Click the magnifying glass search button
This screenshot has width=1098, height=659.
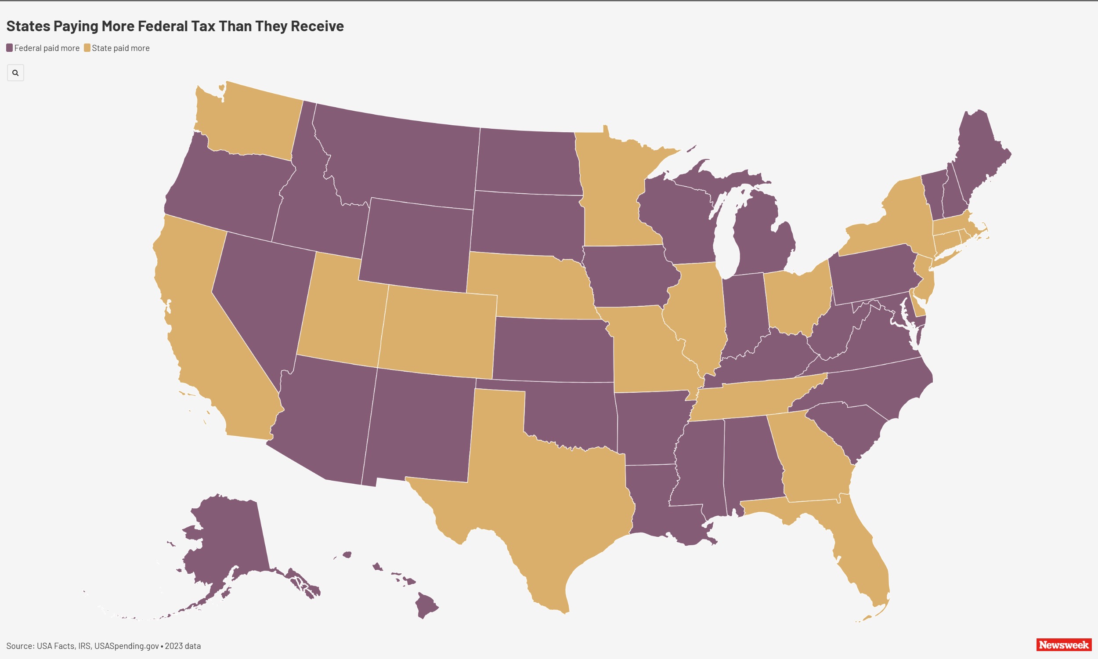tap(15, 73)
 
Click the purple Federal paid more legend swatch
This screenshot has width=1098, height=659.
tap(9, 48)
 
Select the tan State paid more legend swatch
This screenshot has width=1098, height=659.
tap(87, 48)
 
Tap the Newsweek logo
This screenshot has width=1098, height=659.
tap(1064, 645)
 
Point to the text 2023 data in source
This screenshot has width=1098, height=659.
tap(183, 646)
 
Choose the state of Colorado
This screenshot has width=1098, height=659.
tap(437, 331)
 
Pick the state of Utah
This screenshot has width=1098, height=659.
tap(342, 311)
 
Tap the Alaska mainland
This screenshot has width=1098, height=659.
tap(226, 542)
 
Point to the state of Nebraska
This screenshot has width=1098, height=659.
tap(528, 284)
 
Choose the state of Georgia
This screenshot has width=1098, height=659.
tap(812, 457)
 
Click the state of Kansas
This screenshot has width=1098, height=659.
tap(553, 348)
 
